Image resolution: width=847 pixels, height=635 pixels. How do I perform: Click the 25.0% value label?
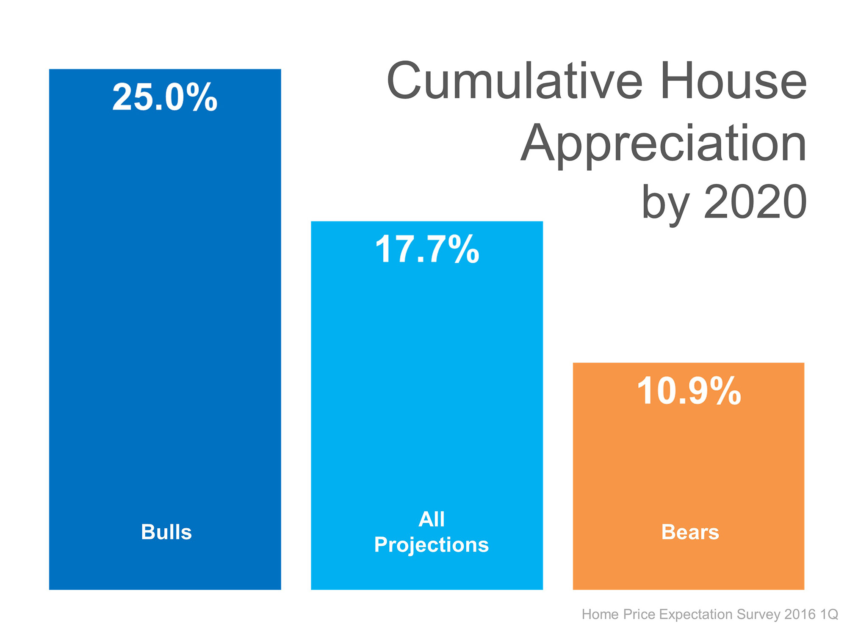coord(165,97)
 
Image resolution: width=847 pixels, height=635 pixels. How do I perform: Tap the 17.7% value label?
coord(427,249)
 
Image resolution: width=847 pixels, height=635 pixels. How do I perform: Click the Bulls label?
coord(166,532)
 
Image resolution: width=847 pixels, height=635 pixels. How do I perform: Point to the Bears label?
coord(690,532)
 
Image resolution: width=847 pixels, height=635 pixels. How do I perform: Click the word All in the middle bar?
coord(431,519)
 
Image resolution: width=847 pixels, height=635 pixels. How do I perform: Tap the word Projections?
coord(431,545)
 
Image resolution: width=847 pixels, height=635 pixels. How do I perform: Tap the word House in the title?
coord(733,80)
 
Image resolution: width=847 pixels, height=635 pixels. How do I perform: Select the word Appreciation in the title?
coord(663,144)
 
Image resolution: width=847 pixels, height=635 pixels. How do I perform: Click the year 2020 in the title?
coord(755,202)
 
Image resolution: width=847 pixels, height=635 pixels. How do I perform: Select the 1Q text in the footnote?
coord(829,614)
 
